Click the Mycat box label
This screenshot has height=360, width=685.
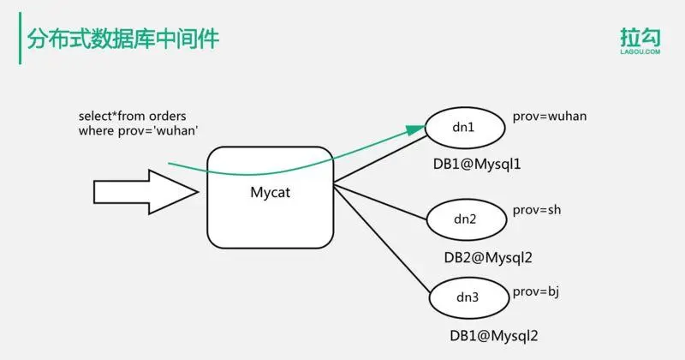270,193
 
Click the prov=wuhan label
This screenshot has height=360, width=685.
549,115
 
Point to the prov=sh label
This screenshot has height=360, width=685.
537,210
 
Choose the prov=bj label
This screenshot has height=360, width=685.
535,292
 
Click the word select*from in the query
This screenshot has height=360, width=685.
109,116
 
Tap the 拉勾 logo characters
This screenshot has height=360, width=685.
640,39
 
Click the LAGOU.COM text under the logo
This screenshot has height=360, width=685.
640,53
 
